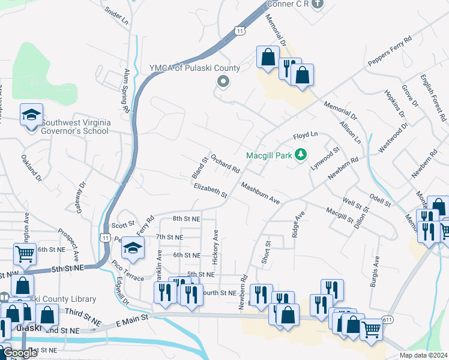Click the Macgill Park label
click(269, 155)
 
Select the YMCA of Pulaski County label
click(195, 68)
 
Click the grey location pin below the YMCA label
click(224, 82)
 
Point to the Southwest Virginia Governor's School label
click(71, 127)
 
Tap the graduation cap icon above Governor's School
click(31, 115)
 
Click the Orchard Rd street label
click(225, 161)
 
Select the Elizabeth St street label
click(210, 191)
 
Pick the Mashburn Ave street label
click(261, 193)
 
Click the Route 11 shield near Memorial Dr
click(240, 31)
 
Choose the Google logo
click(20, 353)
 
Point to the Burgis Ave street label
click(376, 270)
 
